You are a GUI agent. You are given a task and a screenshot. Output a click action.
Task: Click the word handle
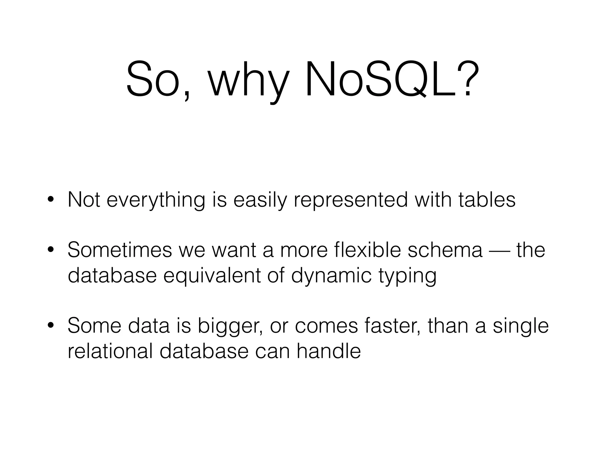coord(328,351)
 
